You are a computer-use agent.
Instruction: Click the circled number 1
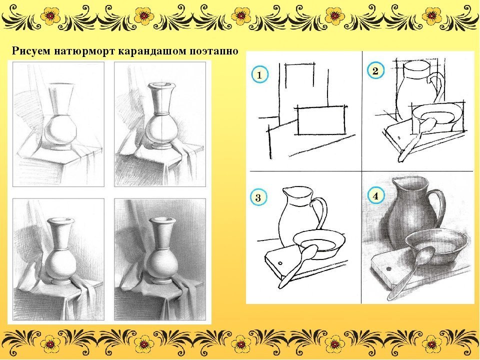[260, 74]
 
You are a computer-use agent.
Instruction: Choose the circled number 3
[258, 197]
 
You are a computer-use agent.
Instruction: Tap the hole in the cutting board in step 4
[389, 269]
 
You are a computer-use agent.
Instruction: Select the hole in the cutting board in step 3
[280, 263]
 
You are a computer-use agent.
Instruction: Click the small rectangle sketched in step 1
[321, 120]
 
